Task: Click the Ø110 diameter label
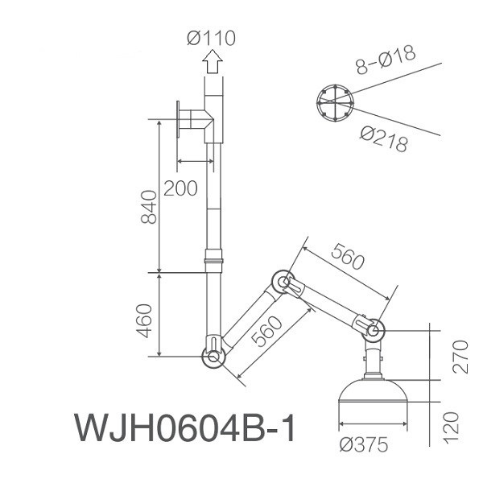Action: tap(211, 37)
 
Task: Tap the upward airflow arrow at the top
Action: tap(213, 61)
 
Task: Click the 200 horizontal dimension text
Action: tap(180, 188)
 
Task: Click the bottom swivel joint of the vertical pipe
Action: tap(213, 353)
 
